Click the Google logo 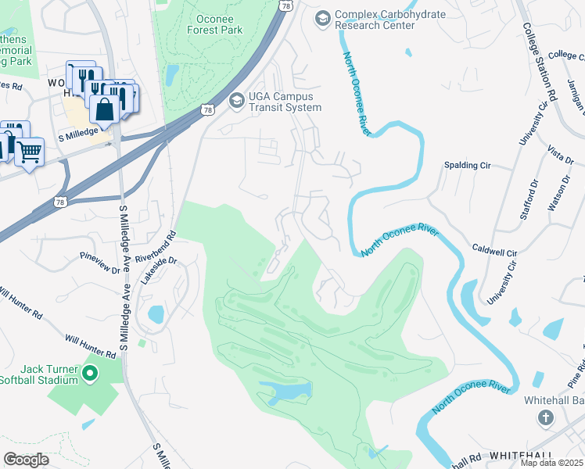tap(27, 459)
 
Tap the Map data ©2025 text tap(551, 463)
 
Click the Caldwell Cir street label tap(494, 253)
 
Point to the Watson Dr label tap(555, 195)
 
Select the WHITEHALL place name tap(522, 455)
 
